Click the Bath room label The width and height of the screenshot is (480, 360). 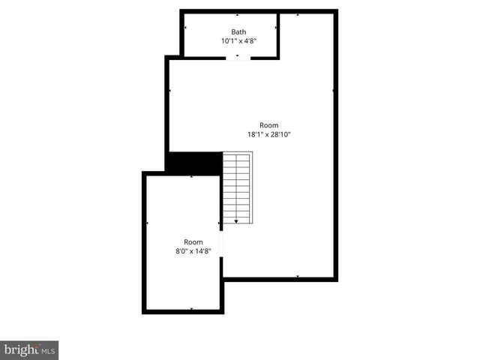pos(238,31)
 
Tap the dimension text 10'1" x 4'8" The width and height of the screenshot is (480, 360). pos(238,41)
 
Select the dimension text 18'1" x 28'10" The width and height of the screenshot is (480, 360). pos(268,134)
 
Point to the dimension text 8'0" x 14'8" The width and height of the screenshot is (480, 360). pos(193,251)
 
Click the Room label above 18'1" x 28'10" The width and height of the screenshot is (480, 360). pos(268,125)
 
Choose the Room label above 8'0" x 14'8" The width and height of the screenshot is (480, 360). pos(193,241)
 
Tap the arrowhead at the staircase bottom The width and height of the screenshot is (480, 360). pos(237,221)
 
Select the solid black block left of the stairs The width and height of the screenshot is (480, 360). pos(193,162)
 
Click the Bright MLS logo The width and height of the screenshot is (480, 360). pos(30,349)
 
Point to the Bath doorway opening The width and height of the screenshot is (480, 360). pos(238,58)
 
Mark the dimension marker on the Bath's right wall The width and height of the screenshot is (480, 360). pos(276,28)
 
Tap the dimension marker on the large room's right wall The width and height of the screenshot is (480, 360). pos(332,91)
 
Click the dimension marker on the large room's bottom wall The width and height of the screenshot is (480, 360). pos(298,277)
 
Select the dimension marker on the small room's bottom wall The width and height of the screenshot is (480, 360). pos(192,309)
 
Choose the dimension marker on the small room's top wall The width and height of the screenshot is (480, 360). pos(192,177)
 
